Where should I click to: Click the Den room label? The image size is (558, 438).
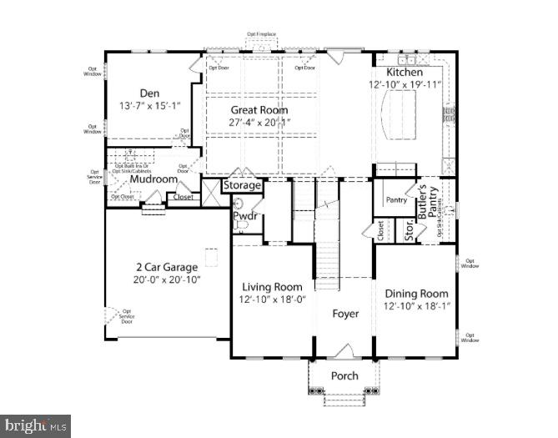(149, 93)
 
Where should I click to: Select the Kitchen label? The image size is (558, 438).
(404, 73)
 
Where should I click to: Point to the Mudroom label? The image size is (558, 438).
(153, 179)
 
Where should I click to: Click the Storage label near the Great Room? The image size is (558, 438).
(242, 185)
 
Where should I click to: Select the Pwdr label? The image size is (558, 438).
(245, 216)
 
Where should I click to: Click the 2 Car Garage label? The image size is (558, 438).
(168, 267)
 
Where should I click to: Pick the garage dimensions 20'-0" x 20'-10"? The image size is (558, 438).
(168, 280)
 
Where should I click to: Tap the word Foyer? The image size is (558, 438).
(345, 314)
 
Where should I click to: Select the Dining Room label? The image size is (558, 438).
(415, 293)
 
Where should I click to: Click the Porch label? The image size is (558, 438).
(344, 375)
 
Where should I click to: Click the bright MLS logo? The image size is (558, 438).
(35, 425)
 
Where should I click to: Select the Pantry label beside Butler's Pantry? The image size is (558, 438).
(395, 200)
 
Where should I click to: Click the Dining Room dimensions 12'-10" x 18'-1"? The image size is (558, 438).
(415, 306)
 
